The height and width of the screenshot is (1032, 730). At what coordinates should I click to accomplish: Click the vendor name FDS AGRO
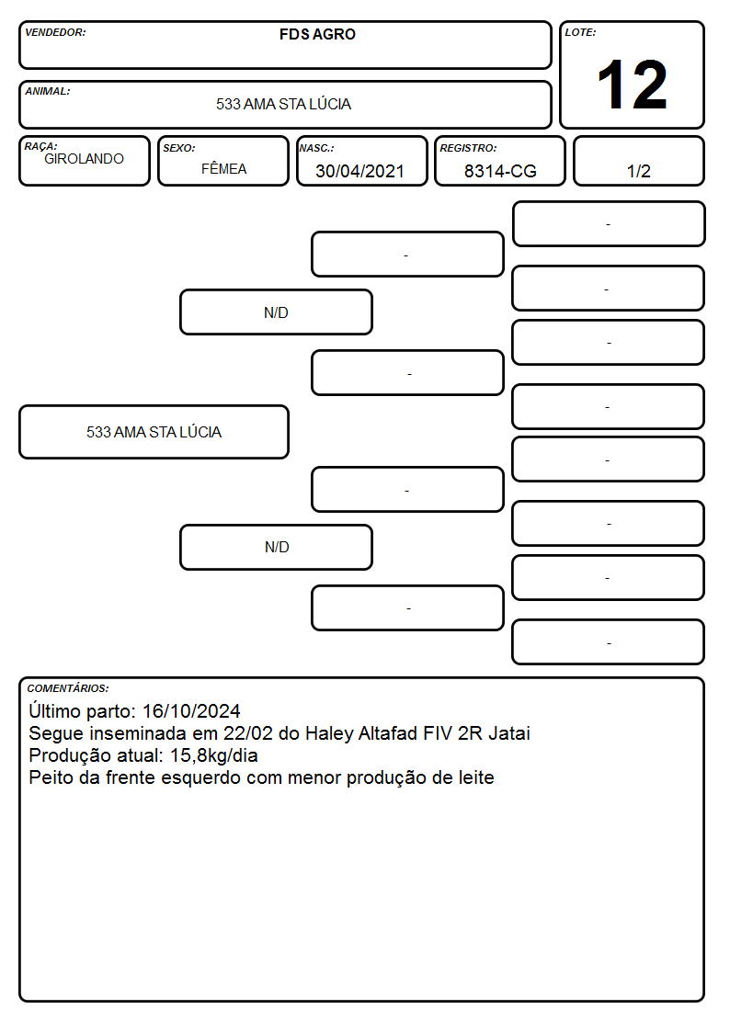tap(317, 34)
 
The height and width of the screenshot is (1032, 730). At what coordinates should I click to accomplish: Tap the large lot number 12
tap(633, 85)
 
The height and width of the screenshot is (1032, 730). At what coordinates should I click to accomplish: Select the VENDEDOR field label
tap(55, 32)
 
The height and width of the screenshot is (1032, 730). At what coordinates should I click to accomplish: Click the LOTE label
tap(580, 32)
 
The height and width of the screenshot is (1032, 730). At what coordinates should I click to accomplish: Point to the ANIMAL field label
tap(48, 92)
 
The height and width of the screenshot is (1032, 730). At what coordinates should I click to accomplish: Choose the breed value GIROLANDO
tap(84, 159)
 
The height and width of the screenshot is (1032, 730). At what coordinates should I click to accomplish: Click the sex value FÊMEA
tap(223, 169)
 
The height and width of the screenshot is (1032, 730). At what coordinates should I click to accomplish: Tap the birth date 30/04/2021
tap(359, 171)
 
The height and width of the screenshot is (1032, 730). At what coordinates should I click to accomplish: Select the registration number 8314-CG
tap(500, 171)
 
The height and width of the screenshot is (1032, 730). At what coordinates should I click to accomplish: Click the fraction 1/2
tap(638, 171)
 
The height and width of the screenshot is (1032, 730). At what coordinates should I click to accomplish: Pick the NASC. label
tap(316, 149)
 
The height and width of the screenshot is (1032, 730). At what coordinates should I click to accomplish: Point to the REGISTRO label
tap(468, 149)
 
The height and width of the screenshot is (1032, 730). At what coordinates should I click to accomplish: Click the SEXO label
tap(179, 149)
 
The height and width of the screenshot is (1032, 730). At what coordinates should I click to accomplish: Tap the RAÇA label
tap(40, 146)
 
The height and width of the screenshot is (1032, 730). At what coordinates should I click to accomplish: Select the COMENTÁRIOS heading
tap(68, 688)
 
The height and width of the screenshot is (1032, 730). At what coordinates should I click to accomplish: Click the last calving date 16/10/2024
tap(191, 711)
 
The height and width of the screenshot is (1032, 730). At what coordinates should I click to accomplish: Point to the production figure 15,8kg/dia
tap(214, 755)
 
